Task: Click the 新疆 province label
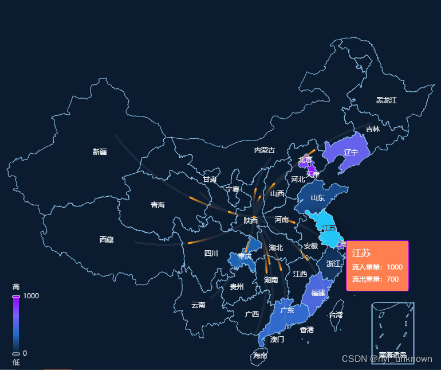point(100,152)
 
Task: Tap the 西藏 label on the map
point(107,240)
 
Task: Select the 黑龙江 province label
point(387,100)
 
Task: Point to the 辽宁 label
point(351,153)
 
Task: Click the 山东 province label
point(317,198)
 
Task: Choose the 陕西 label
point(250,221)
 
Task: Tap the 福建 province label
point(318,293)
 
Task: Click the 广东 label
point(288,310)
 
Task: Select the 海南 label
point(260,356)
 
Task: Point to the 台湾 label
point(336,315)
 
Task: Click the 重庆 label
point(245,256)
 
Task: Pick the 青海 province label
point(157,205)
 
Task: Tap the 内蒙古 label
point(265,150)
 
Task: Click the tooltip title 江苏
point(361,253)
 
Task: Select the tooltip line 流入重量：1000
point(377,267)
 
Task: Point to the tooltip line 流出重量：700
point(375,279)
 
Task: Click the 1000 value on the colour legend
point(31,296)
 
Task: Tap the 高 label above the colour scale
point(16,287)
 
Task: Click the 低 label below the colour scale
point(16,362)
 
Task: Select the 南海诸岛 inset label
point(392,355)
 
